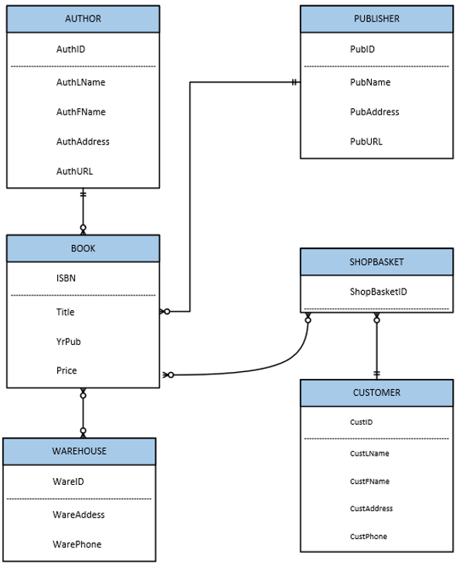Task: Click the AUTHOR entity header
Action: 83,19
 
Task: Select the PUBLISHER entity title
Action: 376,19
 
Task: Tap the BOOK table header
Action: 83,248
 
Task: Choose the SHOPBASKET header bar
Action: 376,261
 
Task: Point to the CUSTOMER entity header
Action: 376,392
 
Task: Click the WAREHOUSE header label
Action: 79,451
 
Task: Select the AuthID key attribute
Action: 70,49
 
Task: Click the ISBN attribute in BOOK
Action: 66,278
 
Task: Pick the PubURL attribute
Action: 366,142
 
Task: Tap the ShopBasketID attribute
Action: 378,292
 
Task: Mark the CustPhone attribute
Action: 368,536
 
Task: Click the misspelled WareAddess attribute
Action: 78,514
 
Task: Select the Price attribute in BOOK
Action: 66,370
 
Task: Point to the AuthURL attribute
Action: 74,171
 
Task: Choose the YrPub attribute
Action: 68,341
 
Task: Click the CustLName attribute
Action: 369,453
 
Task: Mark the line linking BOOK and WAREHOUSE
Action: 83,413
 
